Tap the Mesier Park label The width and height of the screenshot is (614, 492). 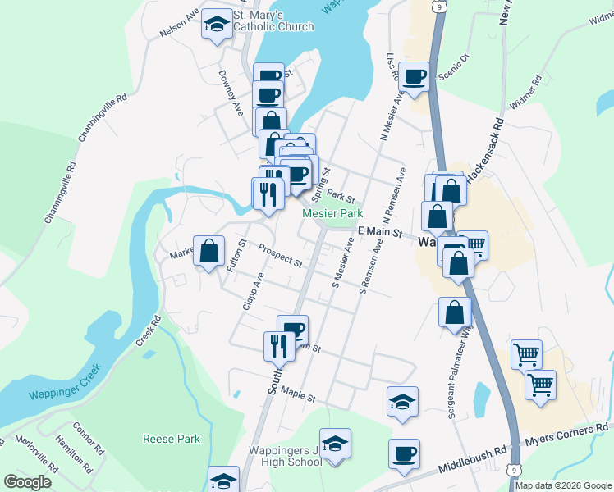[x=332, y=213]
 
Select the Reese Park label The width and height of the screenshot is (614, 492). [x=172, y=439]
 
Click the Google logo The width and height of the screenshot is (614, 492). [x=28, y=482]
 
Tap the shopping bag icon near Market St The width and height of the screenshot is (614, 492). [x=209, y=250]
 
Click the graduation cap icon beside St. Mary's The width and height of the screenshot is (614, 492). [x=217, y=24]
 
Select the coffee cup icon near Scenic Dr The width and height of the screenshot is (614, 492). [x=415, y=76]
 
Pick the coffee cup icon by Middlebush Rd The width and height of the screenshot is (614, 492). [x=404, y=453]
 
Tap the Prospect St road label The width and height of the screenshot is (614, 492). [x=280, y=257]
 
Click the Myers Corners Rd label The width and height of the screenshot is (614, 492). [x=569, y=435]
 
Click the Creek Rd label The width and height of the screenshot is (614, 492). [x=147, y=331]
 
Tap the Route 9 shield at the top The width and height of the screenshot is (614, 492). [x=441, y=7]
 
